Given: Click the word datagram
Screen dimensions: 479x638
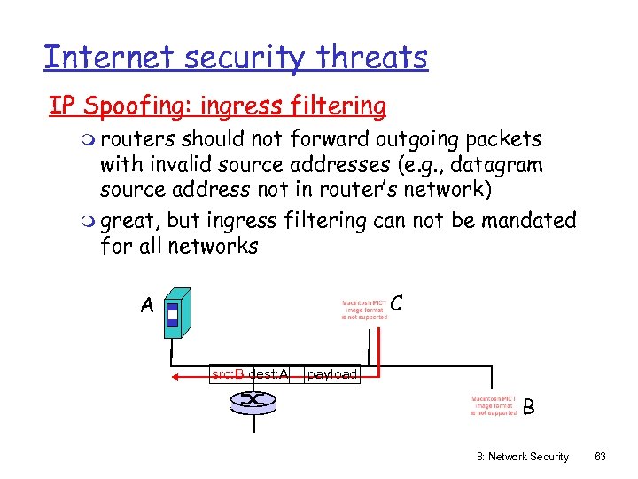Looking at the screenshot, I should click(497, 164).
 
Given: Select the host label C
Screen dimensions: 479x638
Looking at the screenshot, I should click(398, 302).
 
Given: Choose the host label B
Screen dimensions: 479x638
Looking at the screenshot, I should click(529, 407).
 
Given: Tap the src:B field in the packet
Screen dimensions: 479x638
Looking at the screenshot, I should click(228, 374).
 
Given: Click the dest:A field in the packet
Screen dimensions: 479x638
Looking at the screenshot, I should click(268, 374).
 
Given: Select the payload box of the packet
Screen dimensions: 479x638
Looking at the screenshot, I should click(331, 374).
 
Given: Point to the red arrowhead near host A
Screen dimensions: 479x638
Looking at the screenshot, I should click(176, 376).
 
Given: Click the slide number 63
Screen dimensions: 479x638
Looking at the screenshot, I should click(600, 457).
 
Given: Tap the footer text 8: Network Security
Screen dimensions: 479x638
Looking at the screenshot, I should click(523, 457).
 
